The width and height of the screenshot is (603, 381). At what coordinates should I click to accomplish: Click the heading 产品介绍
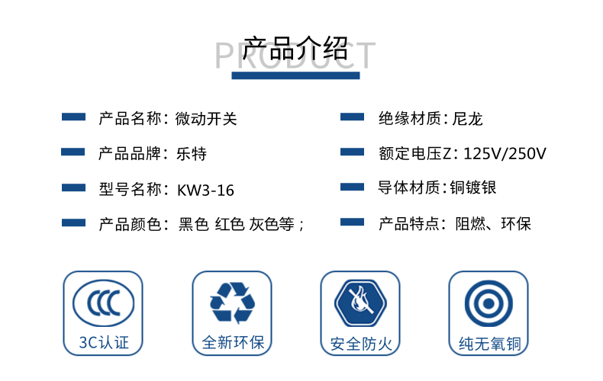295,49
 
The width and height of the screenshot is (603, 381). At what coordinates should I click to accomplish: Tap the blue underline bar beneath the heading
295,75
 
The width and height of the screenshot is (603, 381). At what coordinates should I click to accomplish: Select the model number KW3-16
205,190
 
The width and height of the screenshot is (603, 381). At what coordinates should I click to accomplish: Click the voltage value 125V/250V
505,154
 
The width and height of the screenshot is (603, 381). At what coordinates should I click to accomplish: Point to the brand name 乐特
192,154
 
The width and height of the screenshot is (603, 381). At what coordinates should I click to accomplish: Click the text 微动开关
206,119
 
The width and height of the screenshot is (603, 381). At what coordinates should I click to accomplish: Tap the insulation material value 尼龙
467,119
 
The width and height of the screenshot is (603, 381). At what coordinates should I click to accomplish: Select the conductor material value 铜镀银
473,187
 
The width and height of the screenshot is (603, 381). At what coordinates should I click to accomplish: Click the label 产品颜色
130,224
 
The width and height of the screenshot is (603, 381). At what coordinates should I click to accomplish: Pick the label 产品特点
409,223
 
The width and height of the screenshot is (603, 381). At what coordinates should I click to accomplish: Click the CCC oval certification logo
104,303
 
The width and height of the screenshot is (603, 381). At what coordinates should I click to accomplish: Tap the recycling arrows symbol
232,303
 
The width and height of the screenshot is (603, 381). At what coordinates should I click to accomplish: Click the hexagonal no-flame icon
360,303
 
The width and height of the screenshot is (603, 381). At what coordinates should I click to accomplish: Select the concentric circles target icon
489,303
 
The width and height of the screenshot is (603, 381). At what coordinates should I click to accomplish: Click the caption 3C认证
104,343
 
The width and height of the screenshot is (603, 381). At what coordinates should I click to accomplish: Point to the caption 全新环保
233,343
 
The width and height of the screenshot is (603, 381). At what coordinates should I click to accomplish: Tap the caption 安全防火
361,344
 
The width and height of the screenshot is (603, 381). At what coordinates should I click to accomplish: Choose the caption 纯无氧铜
489,344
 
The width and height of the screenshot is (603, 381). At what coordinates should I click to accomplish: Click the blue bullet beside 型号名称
73,187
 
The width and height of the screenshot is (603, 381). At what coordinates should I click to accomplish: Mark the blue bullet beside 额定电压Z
353,152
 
